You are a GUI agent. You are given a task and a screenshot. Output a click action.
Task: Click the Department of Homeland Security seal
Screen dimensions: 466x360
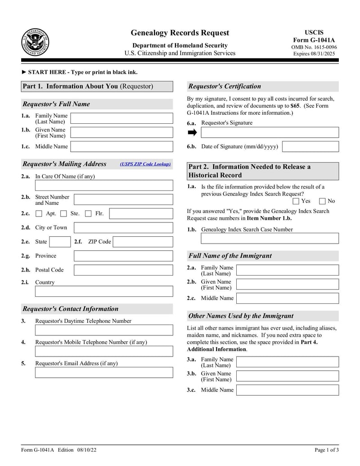35,42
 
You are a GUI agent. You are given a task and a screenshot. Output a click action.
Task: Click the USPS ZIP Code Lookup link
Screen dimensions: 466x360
145,164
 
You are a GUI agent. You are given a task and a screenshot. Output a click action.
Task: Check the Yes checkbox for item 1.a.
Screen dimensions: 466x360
296,201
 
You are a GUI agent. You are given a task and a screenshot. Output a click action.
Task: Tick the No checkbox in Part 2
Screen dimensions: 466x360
322,201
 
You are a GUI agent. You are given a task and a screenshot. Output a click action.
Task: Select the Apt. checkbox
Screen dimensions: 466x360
39,214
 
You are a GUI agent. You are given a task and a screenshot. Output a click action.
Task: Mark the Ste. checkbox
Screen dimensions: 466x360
63,214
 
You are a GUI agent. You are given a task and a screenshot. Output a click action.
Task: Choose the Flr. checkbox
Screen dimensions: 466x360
88,214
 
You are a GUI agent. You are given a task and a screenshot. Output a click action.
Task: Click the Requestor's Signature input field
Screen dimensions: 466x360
270,132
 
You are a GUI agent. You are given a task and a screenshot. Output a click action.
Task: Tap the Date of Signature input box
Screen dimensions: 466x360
310,147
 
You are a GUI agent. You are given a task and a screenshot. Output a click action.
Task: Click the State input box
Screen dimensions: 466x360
59,242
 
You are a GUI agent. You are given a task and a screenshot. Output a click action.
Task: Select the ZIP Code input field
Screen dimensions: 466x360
143,242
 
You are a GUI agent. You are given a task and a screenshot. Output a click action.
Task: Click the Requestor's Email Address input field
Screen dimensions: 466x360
104,372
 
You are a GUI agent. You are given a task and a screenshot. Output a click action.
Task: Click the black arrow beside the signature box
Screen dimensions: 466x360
192,132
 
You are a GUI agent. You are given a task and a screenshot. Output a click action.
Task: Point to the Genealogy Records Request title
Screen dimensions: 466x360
180,33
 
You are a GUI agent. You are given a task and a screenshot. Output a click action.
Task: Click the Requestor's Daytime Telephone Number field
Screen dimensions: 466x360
104,330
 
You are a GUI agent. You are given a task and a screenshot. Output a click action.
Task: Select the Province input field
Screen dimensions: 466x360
123,256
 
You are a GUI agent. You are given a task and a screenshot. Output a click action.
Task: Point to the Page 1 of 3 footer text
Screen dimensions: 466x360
326,450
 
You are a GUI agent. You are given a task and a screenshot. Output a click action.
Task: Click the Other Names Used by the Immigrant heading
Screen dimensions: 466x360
241,316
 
